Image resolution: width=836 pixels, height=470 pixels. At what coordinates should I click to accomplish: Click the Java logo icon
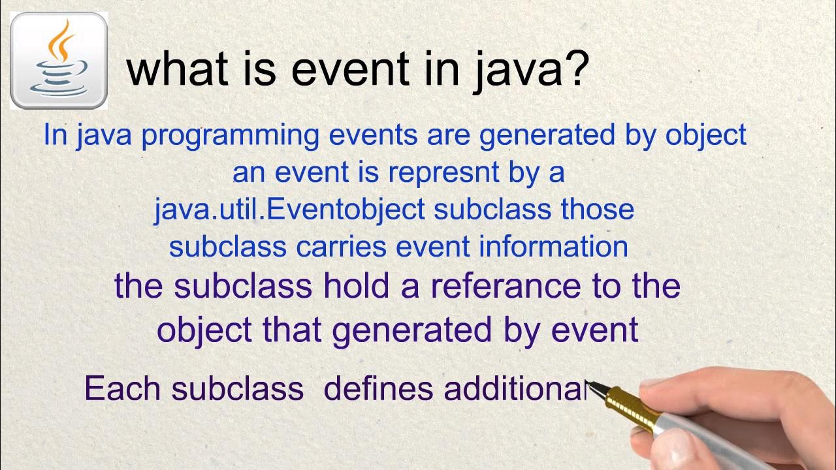coord(59,61)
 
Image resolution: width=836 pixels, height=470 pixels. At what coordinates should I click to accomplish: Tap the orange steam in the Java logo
coord(61,40)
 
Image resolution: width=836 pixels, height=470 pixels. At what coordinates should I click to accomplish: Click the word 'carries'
coord(342,246)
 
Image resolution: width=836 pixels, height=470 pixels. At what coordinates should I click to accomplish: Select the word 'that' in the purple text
coord(293,330)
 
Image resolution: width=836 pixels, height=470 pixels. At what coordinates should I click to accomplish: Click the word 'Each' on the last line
coord(122,388)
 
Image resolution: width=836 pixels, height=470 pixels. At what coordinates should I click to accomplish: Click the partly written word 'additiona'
coord(516,388)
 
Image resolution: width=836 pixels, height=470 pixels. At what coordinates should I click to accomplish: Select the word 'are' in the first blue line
coord(451,135)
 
